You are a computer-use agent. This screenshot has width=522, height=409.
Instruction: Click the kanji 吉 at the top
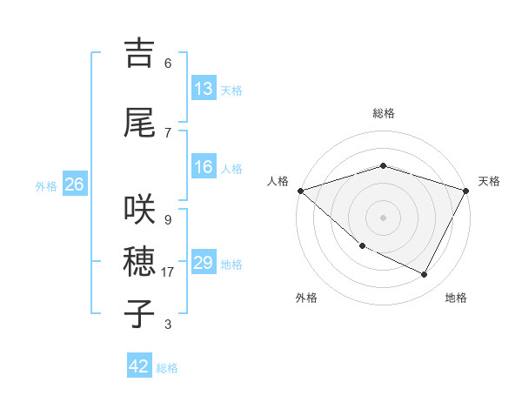point(139,53)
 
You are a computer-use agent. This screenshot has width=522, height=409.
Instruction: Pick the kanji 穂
point(139,261)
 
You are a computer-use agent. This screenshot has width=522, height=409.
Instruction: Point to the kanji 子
point(139,313)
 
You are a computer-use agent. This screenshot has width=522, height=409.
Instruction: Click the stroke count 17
point(168,272)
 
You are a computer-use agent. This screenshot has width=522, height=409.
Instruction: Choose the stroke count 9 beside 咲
point(167,219)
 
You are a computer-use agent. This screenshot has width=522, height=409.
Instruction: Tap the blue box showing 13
point(204,89)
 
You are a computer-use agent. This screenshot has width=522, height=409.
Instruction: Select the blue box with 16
point(204,168)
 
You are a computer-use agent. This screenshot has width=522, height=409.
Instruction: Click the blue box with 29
point(204,263)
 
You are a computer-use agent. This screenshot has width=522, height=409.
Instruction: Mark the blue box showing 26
point(74,184)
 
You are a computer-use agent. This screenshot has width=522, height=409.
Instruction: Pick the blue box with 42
point(139,366)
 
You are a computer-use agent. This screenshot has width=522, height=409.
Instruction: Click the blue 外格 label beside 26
point(46,185)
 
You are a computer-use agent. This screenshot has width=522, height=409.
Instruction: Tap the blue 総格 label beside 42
point(167,368)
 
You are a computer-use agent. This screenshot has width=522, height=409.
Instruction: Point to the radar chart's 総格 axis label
point(383,113)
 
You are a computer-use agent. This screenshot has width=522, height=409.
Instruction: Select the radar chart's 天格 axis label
point(489,181)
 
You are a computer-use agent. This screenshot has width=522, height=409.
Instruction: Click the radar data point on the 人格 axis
point(300,191)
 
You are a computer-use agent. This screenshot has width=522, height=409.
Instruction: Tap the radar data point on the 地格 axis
point(425,275)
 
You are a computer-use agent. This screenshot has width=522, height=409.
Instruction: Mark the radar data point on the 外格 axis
point(362,246)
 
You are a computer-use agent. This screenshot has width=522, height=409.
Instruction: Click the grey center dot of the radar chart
point(383,218)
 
